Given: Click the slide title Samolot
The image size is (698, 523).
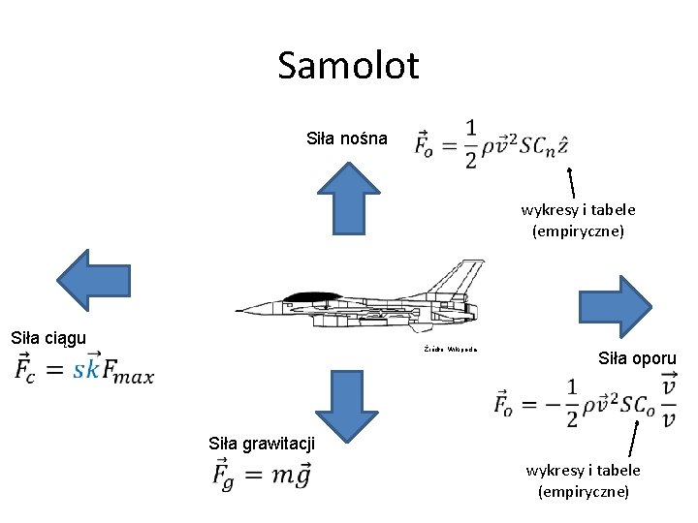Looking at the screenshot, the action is pos(348,66).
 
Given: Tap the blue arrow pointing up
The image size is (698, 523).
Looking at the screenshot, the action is pos(349,198).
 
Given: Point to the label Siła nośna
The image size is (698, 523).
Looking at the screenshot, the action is pos(347,138).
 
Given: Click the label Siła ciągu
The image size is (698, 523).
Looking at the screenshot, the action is pos(48,338).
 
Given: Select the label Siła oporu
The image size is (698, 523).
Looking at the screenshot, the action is pos(637,358).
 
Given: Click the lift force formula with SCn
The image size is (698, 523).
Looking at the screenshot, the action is pos(491,144).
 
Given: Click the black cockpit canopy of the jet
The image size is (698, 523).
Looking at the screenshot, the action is pos(310,294).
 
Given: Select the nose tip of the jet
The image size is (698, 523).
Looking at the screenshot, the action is pos(238,310).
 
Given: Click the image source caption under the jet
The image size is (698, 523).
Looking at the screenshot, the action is pos(451,348).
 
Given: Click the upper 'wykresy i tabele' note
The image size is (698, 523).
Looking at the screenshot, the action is pos(578,220).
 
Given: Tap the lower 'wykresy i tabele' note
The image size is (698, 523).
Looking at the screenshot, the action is pos(583,481).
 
